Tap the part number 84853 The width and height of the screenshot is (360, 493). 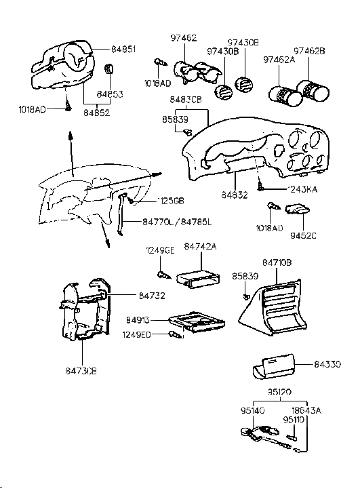pyautogui.click(x=109, y=94)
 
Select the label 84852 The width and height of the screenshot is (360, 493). pyautogui.click(x=96, y=113)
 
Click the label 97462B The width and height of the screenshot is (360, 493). pyautogui.click(x=309, y=51)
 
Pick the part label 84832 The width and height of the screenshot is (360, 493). pyautogui.click(x=235, y=195)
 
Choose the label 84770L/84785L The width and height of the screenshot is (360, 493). pyautogui.click(x=177, y=221)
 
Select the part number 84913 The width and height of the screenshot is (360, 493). pyautogui.click(x=138, y=319)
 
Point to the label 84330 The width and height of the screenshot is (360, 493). pyautogui.click(x=327, y=364)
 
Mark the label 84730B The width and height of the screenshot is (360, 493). pyautogui.click(x=81, y=371)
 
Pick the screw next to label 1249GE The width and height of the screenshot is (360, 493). pyautogui.click(x=163, y=274)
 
